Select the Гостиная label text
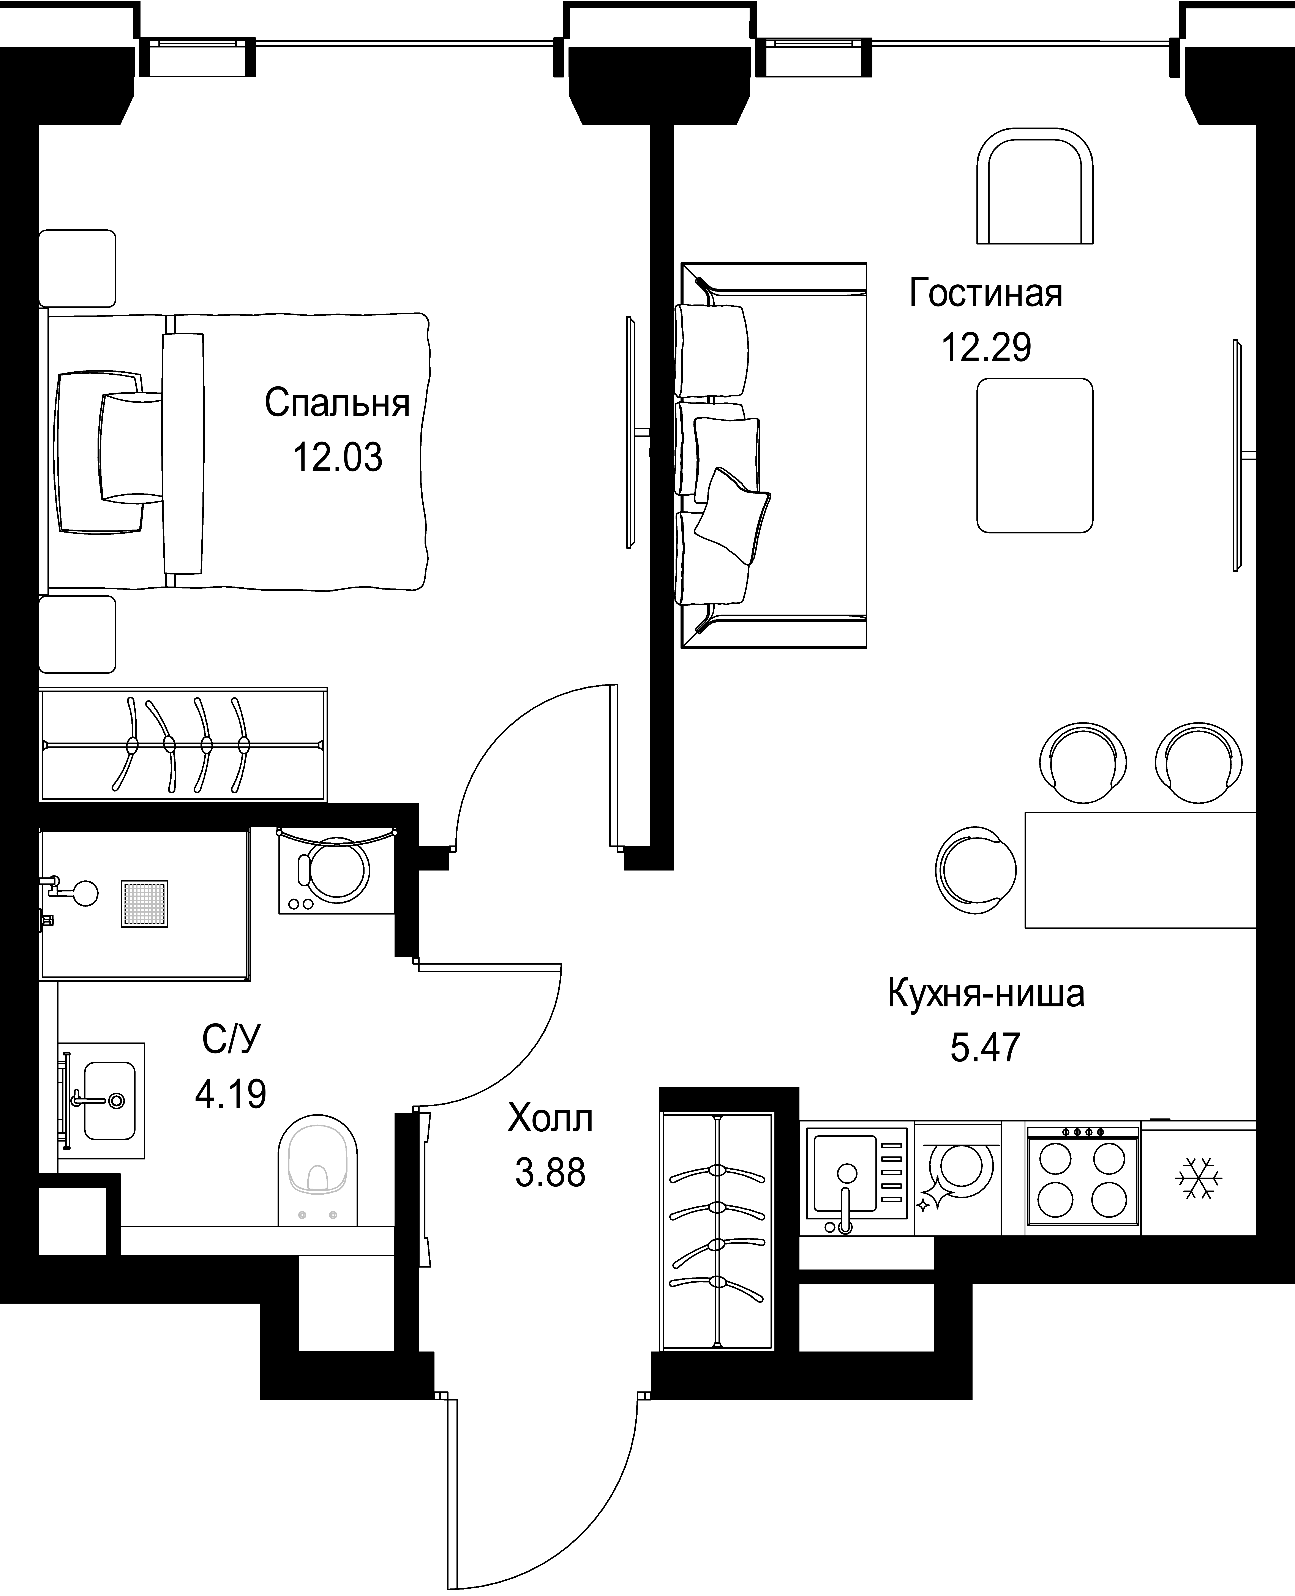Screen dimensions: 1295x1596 click(985, 293)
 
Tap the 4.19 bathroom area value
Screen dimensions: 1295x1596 click(231, 1095)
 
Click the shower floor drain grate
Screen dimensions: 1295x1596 click(145, 904)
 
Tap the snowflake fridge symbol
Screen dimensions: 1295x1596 click(1199, 1178)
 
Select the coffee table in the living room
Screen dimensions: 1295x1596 click(1035, 455)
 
